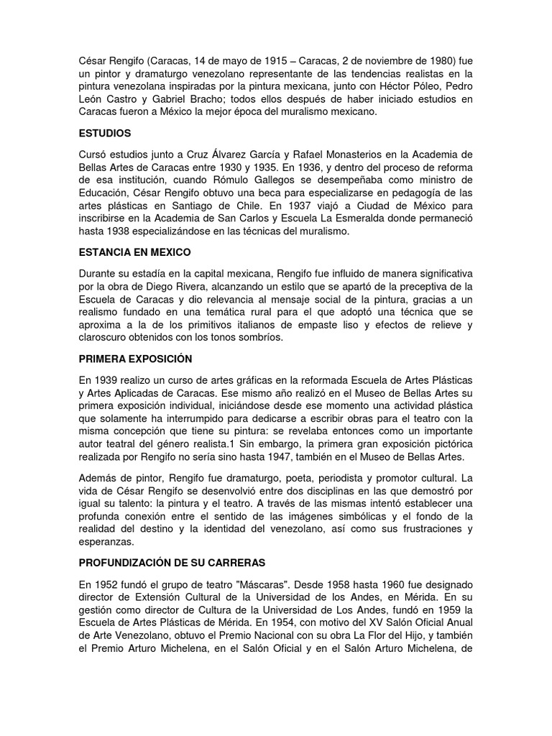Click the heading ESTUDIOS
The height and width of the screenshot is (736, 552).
104,134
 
